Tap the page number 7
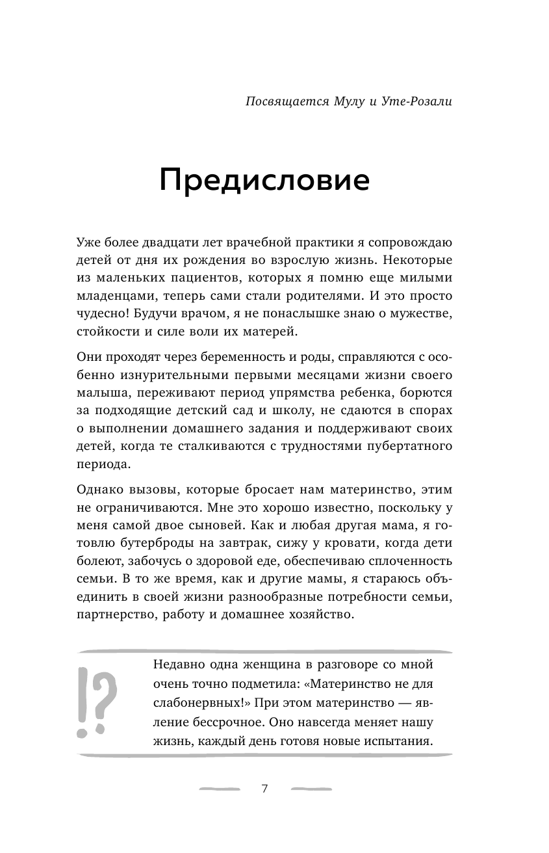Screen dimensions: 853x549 [x=264, y=789]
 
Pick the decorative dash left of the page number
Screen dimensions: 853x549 [x=220, y=789]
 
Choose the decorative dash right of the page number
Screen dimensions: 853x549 [x=311, y=789]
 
